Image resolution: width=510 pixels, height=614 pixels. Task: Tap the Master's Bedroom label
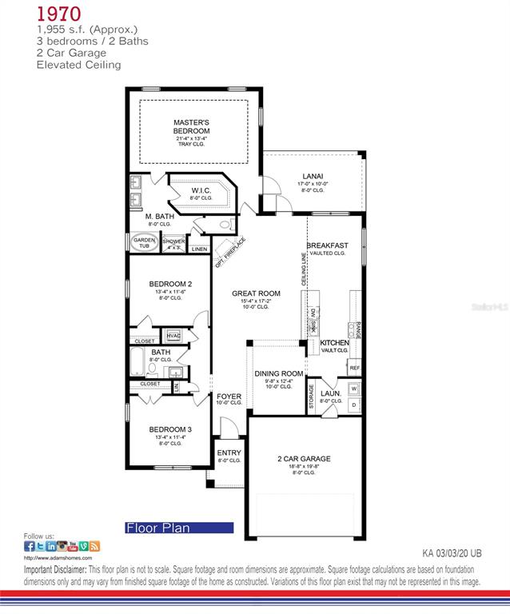192,126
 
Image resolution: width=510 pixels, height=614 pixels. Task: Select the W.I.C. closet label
200,190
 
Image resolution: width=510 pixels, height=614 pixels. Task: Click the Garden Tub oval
144,243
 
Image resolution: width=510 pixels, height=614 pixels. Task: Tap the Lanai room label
313,176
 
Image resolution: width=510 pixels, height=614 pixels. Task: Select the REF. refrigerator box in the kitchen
354,368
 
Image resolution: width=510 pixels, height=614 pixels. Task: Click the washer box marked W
354,389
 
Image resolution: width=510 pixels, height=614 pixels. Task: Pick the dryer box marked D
354,405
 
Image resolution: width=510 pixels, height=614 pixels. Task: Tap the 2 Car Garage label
304,459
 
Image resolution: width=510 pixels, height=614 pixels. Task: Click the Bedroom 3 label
170,429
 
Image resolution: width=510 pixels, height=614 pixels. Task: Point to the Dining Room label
279,373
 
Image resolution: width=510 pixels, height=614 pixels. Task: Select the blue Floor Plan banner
178,528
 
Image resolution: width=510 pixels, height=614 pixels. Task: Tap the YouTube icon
73,546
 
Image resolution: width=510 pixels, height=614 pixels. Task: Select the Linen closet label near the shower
200,249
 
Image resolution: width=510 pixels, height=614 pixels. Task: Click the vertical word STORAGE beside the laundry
312,398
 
